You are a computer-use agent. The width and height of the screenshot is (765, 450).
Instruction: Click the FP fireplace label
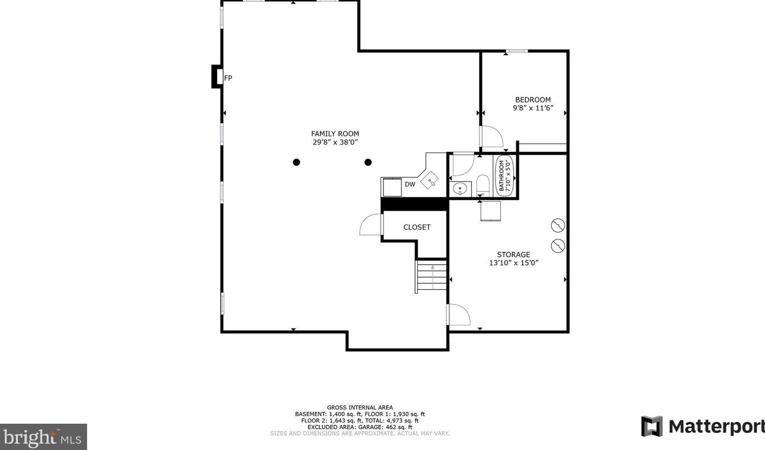pyautogui.click(x=228, y=78)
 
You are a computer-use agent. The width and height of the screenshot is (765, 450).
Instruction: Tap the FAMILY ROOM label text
pyautogui.click(x=335, y=133)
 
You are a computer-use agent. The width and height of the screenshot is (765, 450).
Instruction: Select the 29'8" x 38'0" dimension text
pyautogui.click(x=335, y=143)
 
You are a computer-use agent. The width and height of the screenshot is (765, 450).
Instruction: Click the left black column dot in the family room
pyautogui.click(x=296, y=162)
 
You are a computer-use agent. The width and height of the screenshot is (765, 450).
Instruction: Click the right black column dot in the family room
pyautogui.click(x=368, y=162)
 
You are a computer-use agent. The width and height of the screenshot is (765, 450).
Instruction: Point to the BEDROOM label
pyautogui.click(x=533, y=100)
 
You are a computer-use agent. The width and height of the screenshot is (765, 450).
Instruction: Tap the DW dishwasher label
pyautogui.click(x=410, y=184)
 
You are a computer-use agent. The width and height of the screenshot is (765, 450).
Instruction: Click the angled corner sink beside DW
pyautogui.click(x=430, y=179)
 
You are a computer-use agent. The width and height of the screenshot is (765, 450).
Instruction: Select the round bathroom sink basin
pyautogui.click(x=460, y=189)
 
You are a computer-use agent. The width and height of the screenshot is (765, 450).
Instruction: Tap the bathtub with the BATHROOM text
pyautogui.click(x=504, y=176)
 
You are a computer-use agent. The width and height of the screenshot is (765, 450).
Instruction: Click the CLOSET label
pyautogui.click(x=417, y=227)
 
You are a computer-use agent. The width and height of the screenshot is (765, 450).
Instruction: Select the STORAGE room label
pyautogui.click(x=513, y=254)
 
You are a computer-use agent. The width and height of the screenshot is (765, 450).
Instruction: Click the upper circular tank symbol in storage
pyautogui.click(x=558, y=225)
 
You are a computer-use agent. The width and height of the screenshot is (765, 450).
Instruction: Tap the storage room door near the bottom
pyautogui.click(x=458, y=315)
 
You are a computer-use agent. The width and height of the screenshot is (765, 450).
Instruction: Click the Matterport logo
pyautogui.click(x=702, y=426)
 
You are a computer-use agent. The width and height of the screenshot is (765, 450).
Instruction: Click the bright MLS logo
pyautogui.click(x=43, y=437)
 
